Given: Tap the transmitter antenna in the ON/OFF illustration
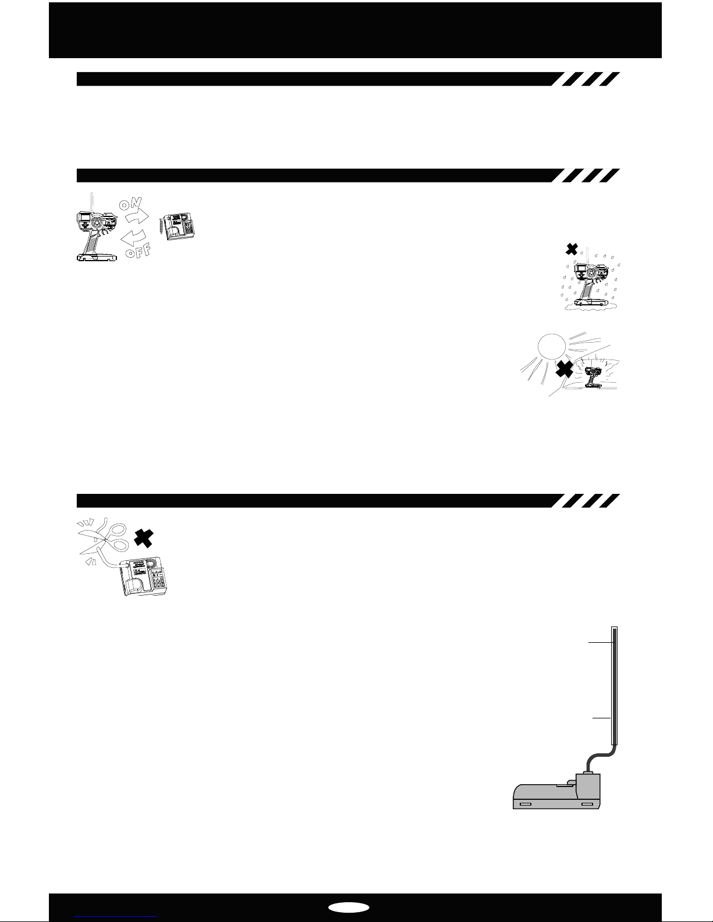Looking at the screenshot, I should click(92, 201).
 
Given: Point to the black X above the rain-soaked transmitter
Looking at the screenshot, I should click(572, 249).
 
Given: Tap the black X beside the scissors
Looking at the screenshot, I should click(143, 538).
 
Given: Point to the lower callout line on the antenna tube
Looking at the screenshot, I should click(601, 718).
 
